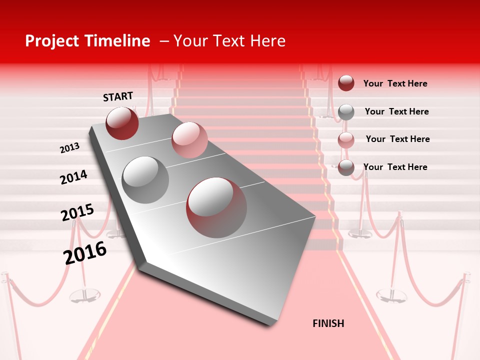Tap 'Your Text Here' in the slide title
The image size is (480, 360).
point(229,41)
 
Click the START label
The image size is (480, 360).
point(118,96)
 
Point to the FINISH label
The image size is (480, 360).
point(328,323)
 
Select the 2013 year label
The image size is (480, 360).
point(69,148)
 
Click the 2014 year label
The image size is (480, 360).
point(73,177)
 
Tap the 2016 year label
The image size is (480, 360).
point(85,253)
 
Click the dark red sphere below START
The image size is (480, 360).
point(122,123)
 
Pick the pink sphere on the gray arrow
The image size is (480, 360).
point(189,140)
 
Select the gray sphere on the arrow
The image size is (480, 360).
point(145,180)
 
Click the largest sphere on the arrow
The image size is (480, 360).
point(216,207)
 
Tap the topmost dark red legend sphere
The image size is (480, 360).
point(346,83)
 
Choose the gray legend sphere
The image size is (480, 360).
point(346,111)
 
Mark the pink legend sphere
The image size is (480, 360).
point(346,140)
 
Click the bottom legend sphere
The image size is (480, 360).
point(346,168)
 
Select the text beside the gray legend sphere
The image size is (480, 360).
point(396,111)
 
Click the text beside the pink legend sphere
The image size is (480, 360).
point(397,139)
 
